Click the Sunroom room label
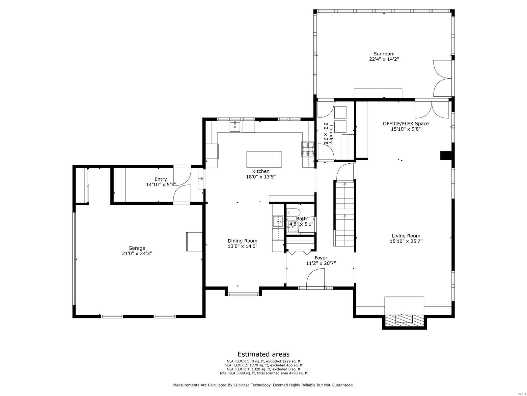tap(384, 54)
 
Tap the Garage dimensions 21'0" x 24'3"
tap(137, 253)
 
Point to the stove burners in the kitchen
tap(308, 149)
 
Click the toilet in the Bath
tap(293, 212)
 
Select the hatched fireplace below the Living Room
tap(404, 319)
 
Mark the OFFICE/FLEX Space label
tap(405, 123)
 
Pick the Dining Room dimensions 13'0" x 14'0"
tap(242, 246)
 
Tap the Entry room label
tap(161, 179)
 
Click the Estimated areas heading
tap(263, 354)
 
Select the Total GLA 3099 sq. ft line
tap(263, 373)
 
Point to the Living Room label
tap(406, 236)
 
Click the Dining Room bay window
tap(243, 293)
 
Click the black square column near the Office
tap(445, 155)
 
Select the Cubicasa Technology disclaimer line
tap(263, 385)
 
